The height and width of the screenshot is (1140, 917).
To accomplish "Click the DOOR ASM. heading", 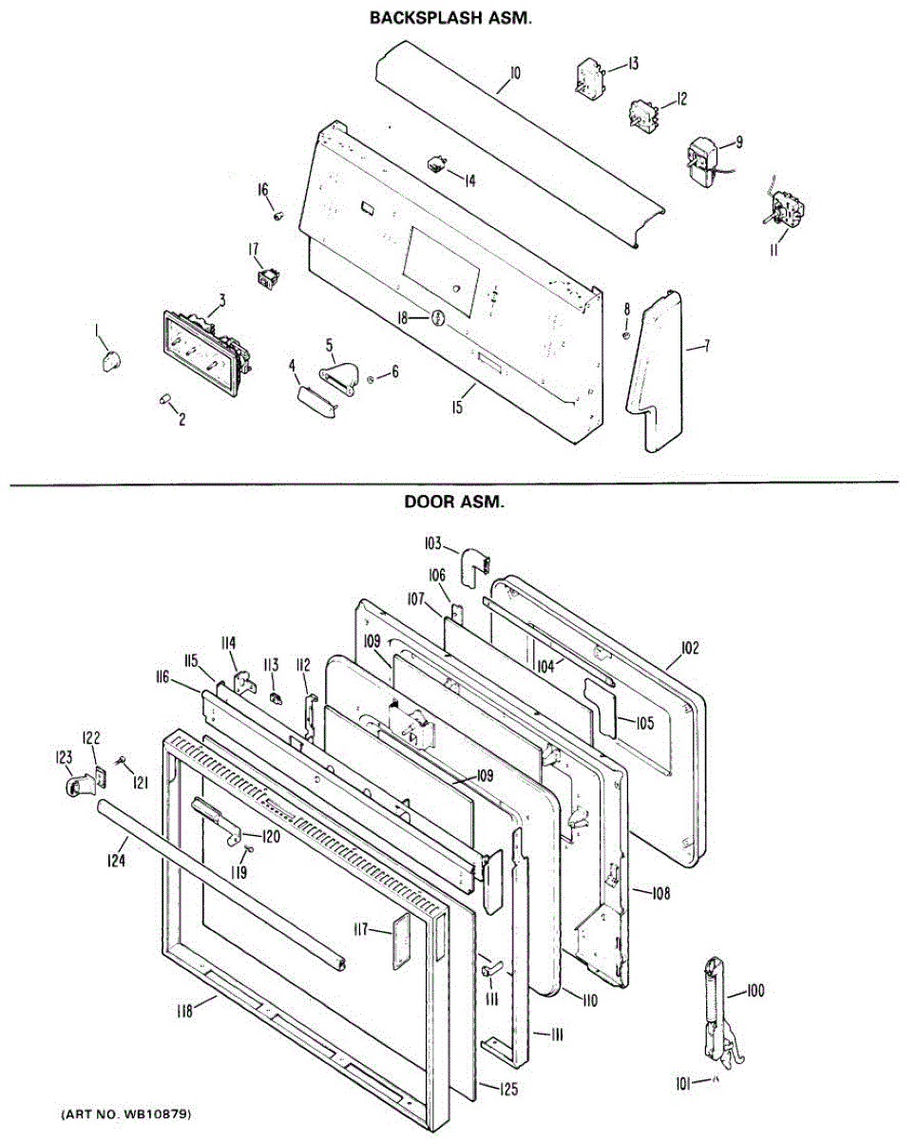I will pos(454,503).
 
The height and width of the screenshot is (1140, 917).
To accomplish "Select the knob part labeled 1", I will pos(112,359).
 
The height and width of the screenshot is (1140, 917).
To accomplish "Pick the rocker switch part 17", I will pos(267,277).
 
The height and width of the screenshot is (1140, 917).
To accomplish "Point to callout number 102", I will pos(690,649).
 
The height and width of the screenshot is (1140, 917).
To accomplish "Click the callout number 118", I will pos(186,1012).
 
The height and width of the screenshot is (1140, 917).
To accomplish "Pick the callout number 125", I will pos(509,1090).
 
